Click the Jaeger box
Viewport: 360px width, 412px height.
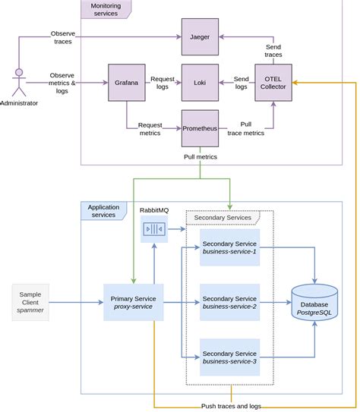(200, 36)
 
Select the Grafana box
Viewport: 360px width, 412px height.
(127, 83)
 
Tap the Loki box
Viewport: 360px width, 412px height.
(200, 83)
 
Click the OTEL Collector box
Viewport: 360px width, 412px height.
(273, 83)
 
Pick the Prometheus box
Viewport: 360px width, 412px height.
(200, 129)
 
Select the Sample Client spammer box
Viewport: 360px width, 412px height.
(31, 301)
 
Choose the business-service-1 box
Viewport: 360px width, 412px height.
(229, 247)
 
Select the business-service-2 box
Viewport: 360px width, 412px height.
(229, 301)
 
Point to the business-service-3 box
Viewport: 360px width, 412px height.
(229, 357)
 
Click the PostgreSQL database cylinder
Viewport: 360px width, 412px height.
(314, 303)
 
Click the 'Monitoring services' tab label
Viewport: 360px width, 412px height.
(105, 9)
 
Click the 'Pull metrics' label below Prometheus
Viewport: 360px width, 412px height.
(201, 157)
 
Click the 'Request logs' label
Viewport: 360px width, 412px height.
(163, 83)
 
